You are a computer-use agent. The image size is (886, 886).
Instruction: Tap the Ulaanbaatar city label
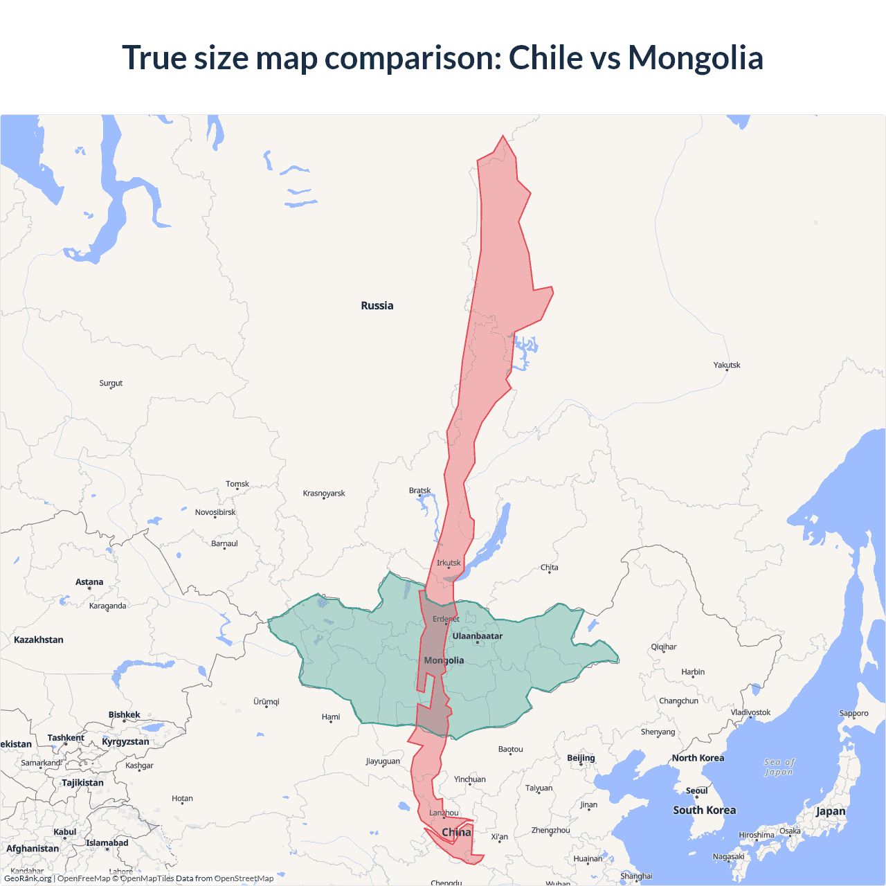[478, 636]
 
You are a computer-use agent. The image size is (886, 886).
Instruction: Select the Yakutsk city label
[727, 365]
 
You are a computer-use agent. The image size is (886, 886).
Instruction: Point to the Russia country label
[377, 305]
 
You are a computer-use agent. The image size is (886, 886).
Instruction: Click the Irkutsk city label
[449, 563]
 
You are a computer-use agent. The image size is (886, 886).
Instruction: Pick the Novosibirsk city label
[215, 512]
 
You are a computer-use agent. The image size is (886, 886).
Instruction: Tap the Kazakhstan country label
[39, 640]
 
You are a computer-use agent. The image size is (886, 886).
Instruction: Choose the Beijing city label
[581, 758]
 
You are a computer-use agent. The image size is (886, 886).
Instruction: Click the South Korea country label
[705, 810]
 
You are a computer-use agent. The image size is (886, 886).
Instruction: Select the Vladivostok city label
[750, 712]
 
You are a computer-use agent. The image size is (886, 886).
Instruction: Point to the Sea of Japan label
[779, 767]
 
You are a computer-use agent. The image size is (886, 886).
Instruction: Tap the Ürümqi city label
[266, 701]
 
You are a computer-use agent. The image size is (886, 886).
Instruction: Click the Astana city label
[89, 582]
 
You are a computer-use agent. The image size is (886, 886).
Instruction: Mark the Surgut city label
[111, 383]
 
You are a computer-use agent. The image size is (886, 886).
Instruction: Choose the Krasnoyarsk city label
[324, 494]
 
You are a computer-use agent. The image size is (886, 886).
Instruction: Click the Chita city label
[550, 568]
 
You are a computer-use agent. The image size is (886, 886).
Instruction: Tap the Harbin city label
[693, 672]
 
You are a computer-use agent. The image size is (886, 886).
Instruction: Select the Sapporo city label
[853, 714]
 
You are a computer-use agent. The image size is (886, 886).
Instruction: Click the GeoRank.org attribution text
[28, 878]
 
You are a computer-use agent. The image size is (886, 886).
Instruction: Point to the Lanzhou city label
[444, 813]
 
